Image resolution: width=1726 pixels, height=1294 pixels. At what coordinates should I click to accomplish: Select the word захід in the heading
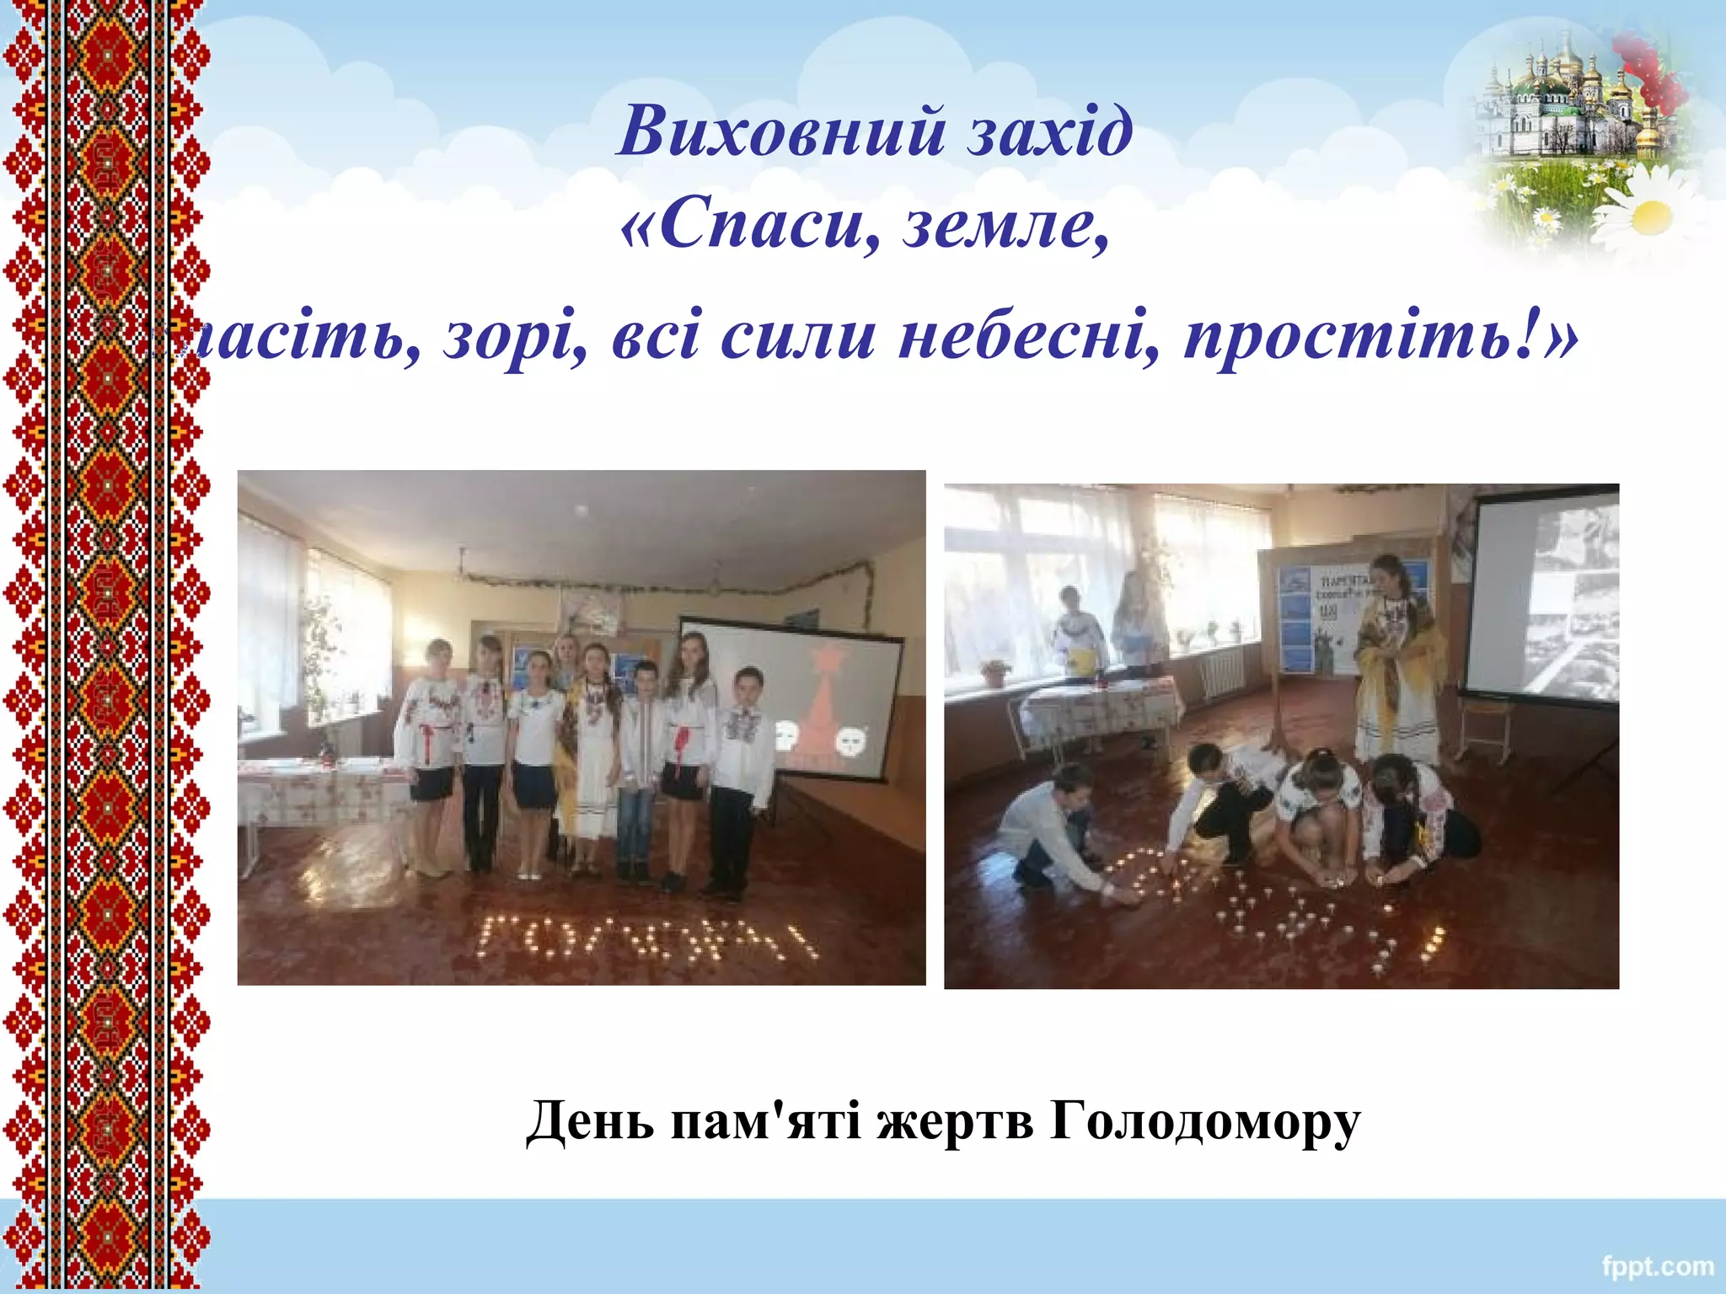[x=1050, y=132]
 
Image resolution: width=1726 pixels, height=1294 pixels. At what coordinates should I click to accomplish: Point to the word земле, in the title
[x=1006, y=227]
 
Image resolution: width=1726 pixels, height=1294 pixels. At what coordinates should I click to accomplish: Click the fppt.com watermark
[x=1657, y=1266]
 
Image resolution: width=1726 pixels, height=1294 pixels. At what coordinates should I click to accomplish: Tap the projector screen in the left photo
[x=792, y=699]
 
